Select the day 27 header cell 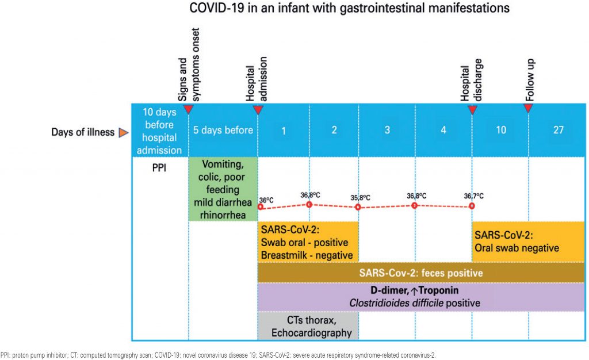click(558, 130)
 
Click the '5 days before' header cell click(223, 130)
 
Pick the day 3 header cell click(387, 130)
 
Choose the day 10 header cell click(500, 130)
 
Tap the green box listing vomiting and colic click(223, 189)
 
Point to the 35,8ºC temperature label click(361, 198)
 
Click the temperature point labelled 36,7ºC click(472, 205)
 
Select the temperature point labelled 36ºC click(260, 206)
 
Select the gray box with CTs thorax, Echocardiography click(308, 325)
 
